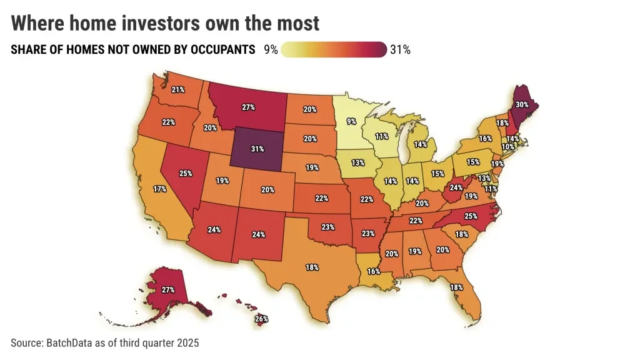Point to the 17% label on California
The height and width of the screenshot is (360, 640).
[159, 189]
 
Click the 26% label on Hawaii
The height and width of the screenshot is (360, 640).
[261, 319]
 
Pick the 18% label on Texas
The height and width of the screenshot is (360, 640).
[312, 267]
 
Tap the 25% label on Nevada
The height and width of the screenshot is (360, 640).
[185, 173]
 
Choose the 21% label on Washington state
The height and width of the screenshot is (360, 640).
[177, 90]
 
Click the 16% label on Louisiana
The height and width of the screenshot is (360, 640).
[374, 272]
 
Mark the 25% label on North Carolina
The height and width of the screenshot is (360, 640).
[471, 216]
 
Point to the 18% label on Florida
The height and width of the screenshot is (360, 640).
[456, 287]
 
